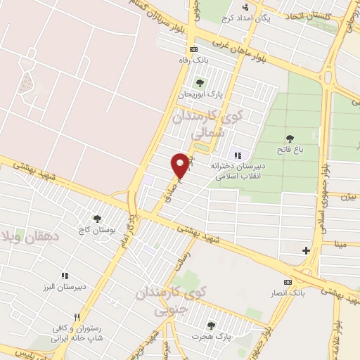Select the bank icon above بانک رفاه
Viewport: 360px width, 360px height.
194,49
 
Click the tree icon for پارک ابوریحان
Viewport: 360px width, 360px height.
200,84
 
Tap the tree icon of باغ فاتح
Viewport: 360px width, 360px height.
290,138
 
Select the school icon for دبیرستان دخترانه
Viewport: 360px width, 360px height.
238,155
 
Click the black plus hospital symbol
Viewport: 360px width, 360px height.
306,250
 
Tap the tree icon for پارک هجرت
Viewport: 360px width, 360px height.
211,325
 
